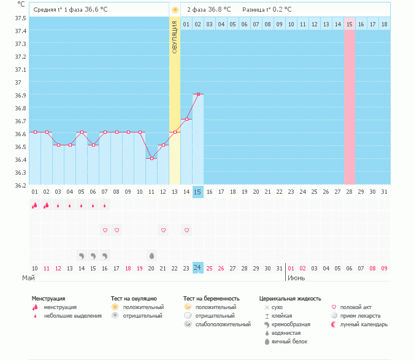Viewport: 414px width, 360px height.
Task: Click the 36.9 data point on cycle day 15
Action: point(197,94)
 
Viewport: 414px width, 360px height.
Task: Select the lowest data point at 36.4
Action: point(151,158)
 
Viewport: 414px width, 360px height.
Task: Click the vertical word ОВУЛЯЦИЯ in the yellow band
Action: point(175,36)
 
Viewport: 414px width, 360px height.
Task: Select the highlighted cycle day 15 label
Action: point(197,192)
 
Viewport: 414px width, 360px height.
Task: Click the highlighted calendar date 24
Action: point(197,268)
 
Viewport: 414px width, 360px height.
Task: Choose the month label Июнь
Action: point(297,278)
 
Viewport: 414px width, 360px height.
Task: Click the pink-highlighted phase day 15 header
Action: point(350,24)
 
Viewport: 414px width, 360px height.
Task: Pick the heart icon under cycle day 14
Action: point(186,230)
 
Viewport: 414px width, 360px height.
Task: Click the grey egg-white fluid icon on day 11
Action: point(151,255)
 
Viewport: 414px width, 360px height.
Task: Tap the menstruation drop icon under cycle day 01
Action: point(34,205)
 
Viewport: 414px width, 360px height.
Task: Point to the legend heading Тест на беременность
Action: point(211,298)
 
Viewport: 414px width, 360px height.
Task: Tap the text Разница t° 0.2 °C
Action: point(267,10)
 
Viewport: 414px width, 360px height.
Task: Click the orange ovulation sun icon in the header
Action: point(175,10)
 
